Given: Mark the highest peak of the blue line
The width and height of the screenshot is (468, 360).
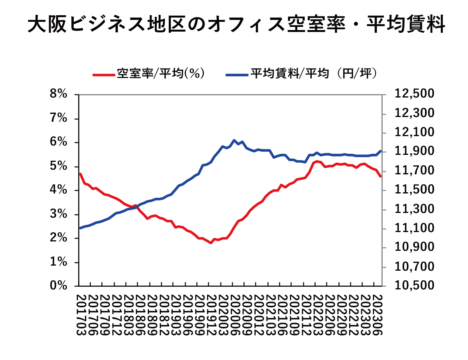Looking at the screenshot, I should (234, 140).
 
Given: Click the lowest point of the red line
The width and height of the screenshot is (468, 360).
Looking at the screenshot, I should (211, 243).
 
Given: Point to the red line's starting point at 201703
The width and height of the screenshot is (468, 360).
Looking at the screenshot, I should (80, 174).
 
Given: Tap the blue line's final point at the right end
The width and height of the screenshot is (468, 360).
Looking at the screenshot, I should (381, 151).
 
